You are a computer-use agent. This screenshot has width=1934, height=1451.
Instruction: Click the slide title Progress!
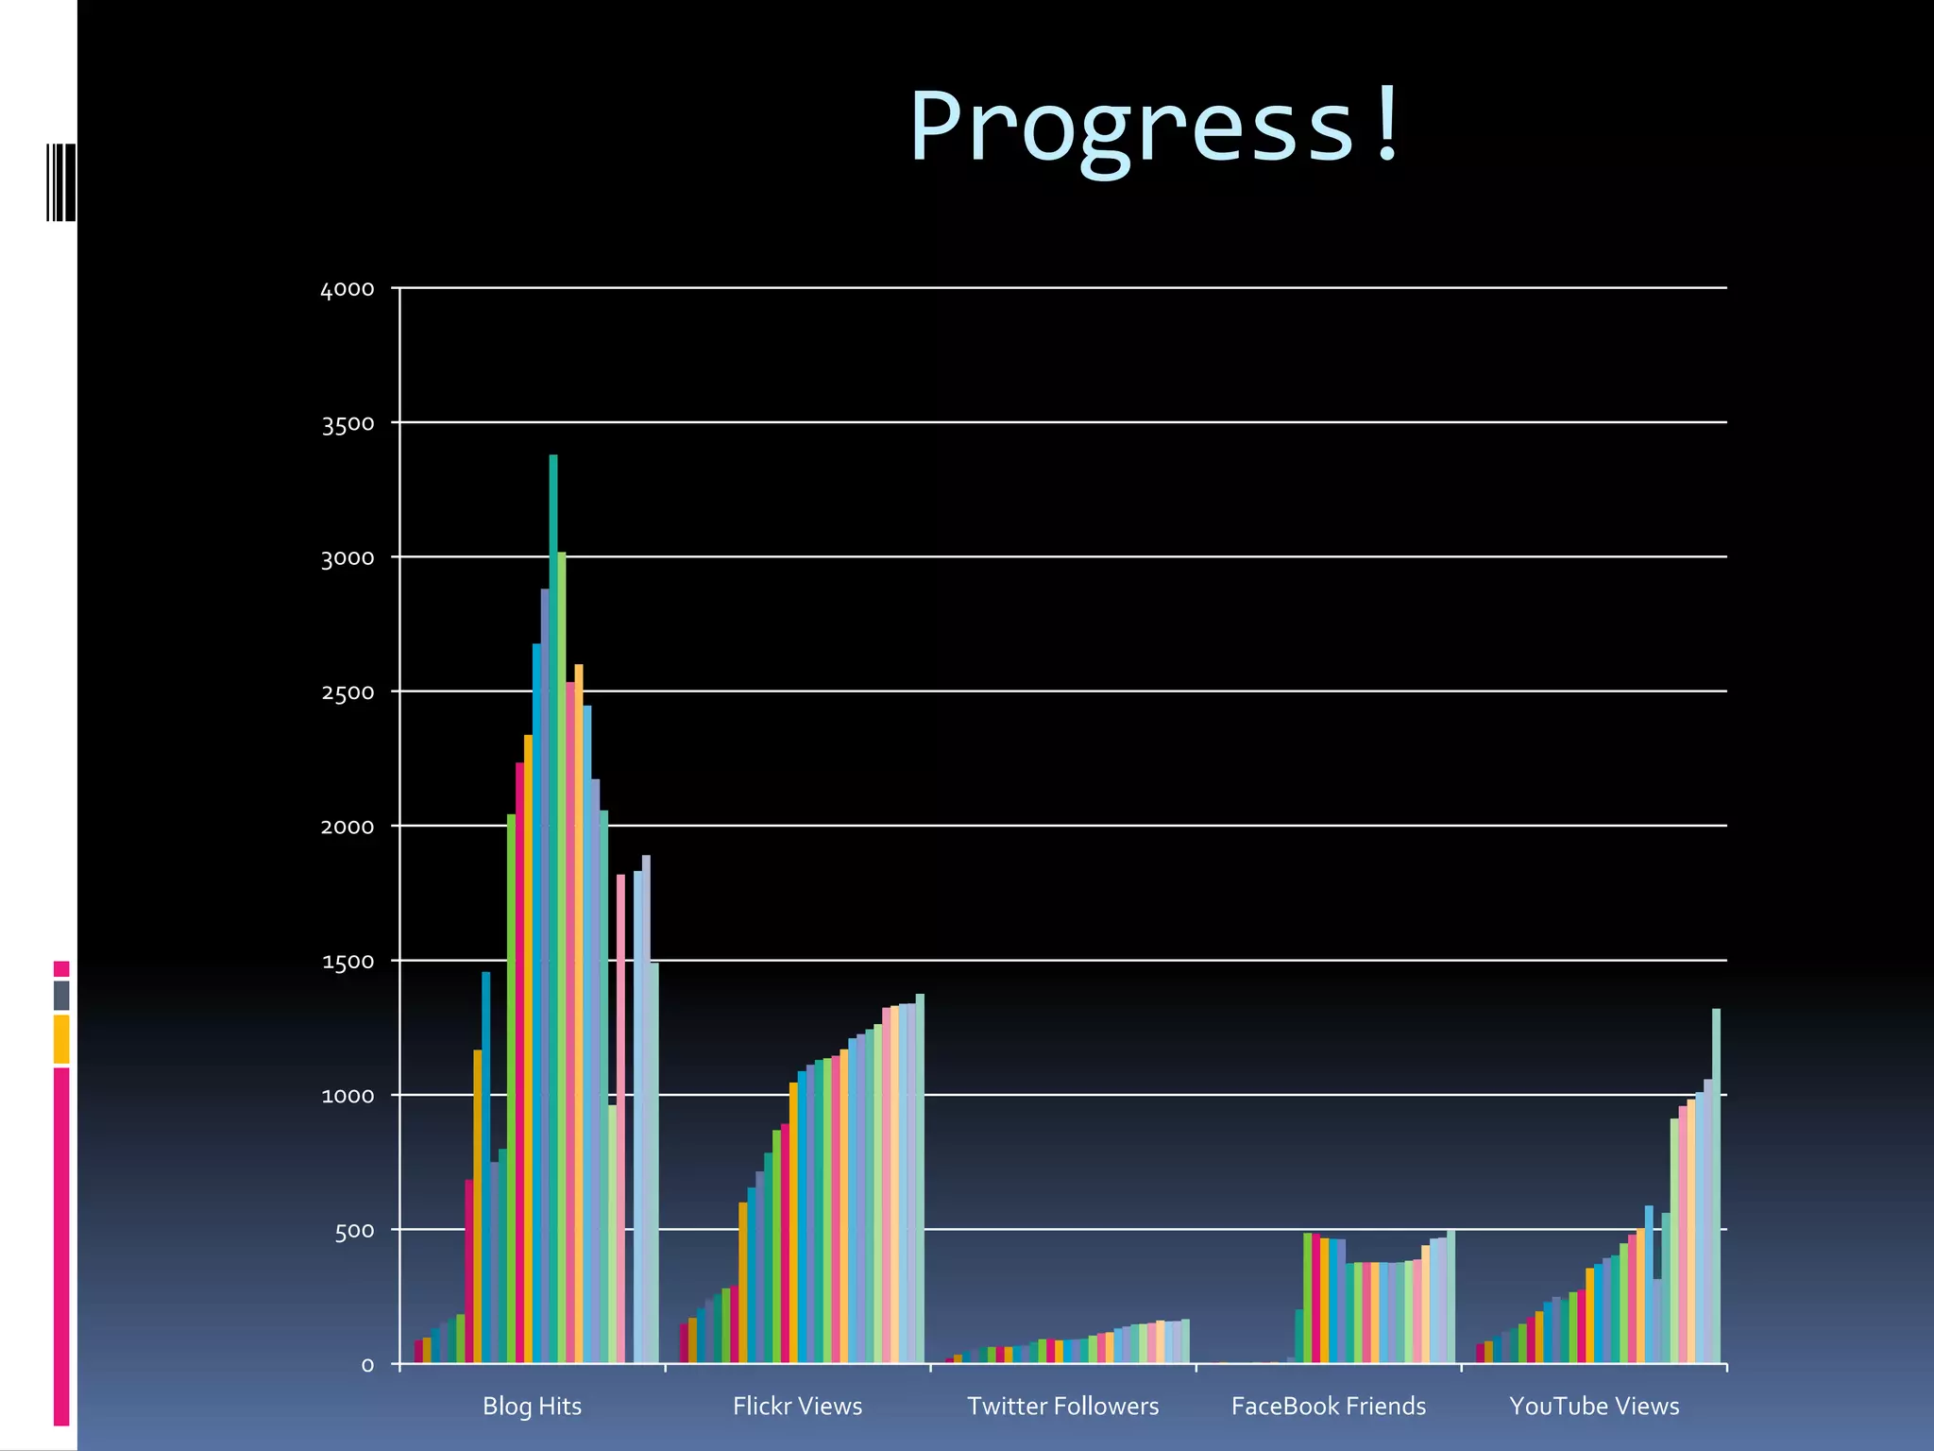[x=1154, y=128]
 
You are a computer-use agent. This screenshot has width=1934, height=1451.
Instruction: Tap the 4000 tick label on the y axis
[x=348, y=289]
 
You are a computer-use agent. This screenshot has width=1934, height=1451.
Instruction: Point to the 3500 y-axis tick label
[x=348, y=424]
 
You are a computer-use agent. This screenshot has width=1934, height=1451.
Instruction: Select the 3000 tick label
[x=348, y=558]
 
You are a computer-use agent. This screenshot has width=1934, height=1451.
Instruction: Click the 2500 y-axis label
[x=348, y=692]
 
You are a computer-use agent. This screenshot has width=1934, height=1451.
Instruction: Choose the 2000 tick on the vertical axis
[x=348, y=827]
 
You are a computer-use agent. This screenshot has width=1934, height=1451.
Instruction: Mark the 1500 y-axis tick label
[x=348, y=962]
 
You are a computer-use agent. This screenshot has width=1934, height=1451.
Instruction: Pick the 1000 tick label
[x=348, y=1096]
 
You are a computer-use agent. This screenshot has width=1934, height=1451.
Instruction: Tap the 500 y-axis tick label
[x=354, y=1231]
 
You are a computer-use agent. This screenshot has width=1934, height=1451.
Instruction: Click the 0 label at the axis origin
[x=367, y=1365]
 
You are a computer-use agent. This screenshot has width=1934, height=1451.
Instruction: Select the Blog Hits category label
[x=532, y=1406]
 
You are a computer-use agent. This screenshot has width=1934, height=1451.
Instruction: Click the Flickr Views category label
[x=797, y=1406]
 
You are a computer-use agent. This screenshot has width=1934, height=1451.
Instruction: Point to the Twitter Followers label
[x=1062, y=1406]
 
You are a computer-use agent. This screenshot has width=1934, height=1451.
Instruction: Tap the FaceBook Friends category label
[x=1328, y=1406]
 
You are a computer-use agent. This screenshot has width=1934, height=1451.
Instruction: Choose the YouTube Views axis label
[x=1594, y=1406]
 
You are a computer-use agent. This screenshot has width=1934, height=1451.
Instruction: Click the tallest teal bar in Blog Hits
[x=553, y=907]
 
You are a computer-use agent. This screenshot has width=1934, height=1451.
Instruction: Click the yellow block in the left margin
[x=61, y=1038]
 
